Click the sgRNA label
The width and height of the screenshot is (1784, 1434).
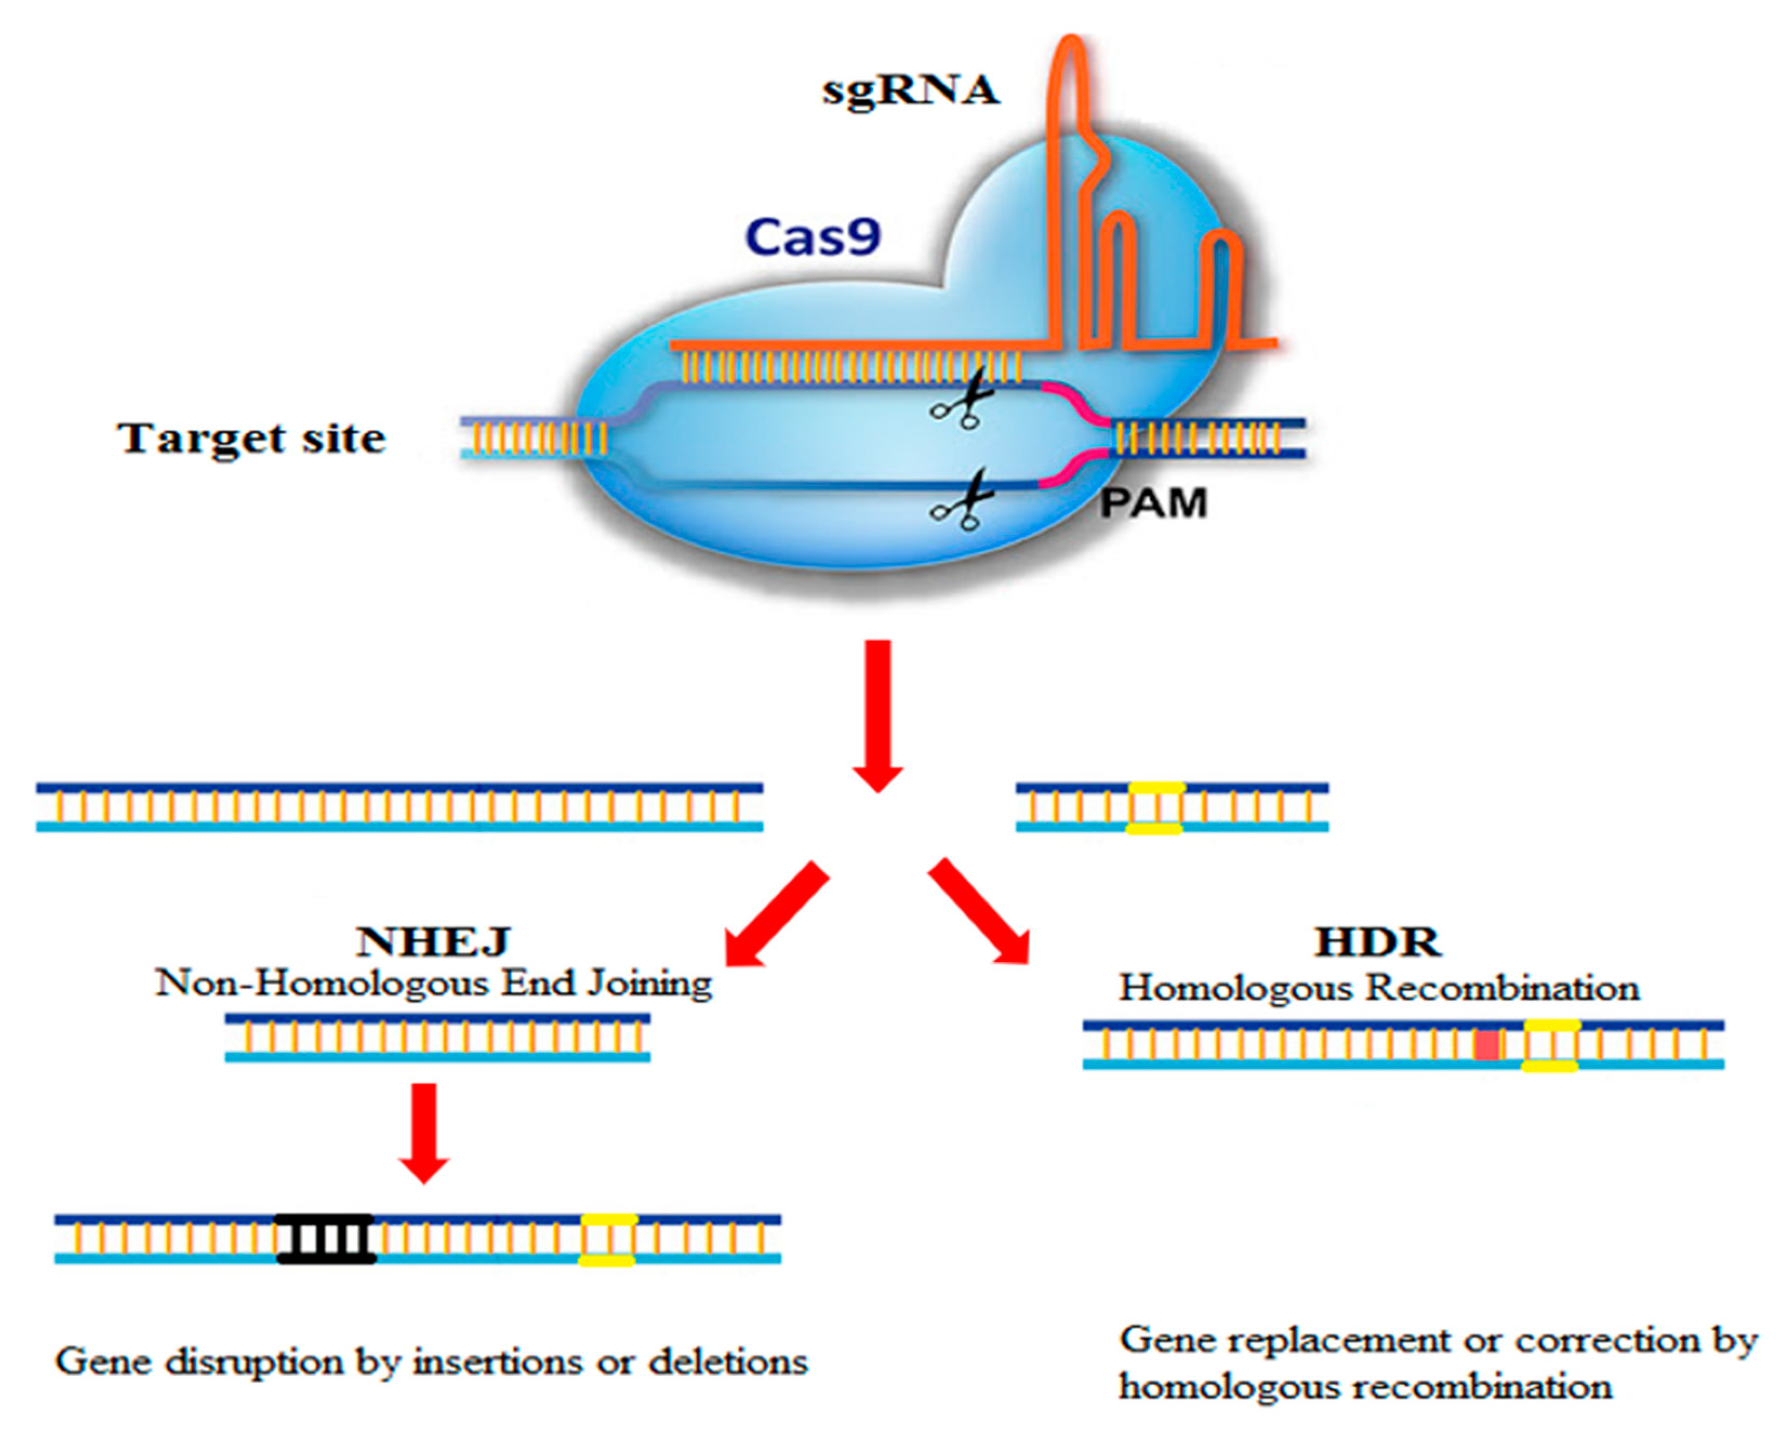tap(910, 91)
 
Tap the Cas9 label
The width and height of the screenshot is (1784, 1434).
tap(813, 237)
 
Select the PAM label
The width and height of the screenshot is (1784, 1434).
tap(1153, 503)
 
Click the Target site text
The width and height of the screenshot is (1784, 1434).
tap(251, 439)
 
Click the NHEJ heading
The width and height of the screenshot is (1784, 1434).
tap(434, 941)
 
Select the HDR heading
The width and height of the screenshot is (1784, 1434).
tap(1377, 942)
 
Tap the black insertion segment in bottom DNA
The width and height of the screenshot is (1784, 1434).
tap(326, 1239)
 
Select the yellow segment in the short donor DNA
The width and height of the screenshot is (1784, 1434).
tap(1156, 808)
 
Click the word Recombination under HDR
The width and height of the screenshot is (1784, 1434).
tap(1502, 988)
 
